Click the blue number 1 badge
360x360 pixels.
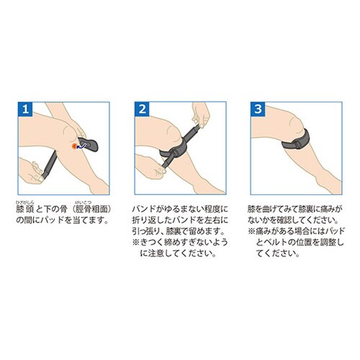coord(25,109)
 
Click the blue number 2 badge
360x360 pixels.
coord(142,109)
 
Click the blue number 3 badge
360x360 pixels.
coord(258,109)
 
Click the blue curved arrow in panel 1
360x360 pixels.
coord(81,145)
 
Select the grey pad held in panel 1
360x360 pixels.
coord(89,144)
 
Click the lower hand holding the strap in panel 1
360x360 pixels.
coord(32,171)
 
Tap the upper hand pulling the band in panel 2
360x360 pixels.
coord(201,114)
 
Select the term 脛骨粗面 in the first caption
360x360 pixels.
coord(91,210)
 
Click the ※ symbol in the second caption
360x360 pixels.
coord(136,242)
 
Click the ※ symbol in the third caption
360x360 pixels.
coord(252,231)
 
